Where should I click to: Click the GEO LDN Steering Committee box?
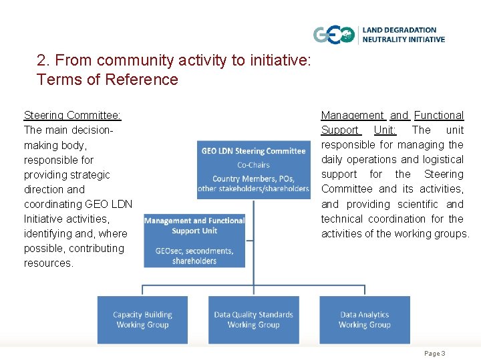click(253, 169)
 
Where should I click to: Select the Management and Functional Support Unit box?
click(194, 240)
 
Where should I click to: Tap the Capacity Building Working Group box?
click(142, 320)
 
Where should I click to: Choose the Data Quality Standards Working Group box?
click(253, 320)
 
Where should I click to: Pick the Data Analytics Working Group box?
click(364, 320)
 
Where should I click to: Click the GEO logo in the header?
click(334, 35)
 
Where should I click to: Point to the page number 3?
click(443, 353)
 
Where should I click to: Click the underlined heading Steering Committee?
click(72, 116)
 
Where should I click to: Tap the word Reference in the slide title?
click(145, 80)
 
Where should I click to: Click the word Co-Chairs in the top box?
click(253, 165)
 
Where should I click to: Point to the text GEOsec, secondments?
click(194, 251)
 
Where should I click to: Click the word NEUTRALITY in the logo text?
click(384, 39)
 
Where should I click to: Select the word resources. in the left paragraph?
click(49, 263)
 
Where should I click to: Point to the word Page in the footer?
click(432, 353)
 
